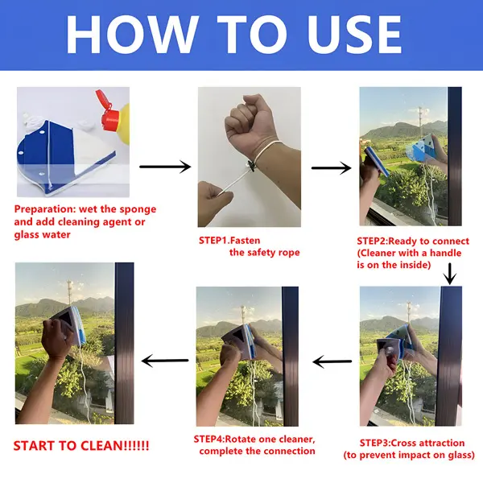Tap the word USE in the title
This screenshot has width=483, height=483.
(x=354, y=35)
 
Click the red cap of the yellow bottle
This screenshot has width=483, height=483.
(x=108, y=112)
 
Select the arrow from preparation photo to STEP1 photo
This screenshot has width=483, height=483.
(x=165, y=167)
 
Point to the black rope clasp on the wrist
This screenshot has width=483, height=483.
(x=251, y=167)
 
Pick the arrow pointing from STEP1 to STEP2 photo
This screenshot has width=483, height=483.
(x=331, y=168)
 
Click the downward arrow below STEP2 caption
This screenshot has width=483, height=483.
(x=450, y=274)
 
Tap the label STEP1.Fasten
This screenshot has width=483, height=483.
(x=229, y=240)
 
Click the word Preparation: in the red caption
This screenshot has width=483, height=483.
(x=45, y=209)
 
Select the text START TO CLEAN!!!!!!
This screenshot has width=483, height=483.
(x=81, y=446)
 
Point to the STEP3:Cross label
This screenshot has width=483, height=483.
(x=390, y=443)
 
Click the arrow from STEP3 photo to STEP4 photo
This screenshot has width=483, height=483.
(x=332, y=361)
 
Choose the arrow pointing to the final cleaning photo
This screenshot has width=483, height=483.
(x=165, y=361)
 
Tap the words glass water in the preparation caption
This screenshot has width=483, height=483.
(x=42, y=235)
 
